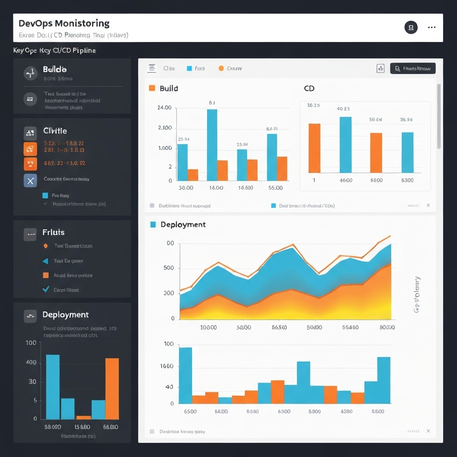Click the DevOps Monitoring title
tap(64, 24)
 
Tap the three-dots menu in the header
tap(431, 28)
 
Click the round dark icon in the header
tap(411, 28)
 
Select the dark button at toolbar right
tap(412, 68)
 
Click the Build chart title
tap(169, 88)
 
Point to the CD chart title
tap(309, 88)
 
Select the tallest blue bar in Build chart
tap(212, 144)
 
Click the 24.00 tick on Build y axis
tap(164, 108)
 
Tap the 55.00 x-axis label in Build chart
tap(275, 188)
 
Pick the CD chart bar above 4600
tap(345, 145)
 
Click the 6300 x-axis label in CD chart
tap(407, 180)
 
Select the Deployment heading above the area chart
tap(183, 224)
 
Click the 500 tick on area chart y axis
tap(169, 268)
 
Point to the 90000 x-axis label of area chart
tap(386, 327)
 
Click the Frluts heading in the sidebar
tap(54, 233)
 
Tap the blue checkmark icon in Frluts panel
tap(45, 289)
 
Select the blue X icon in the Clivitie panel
tap(30, 181)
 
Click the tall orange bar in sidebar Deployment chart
tap(112, 388)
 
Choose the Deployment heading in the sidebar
tap(65, 315)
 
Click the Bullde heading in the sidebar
tap(54, 70)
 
